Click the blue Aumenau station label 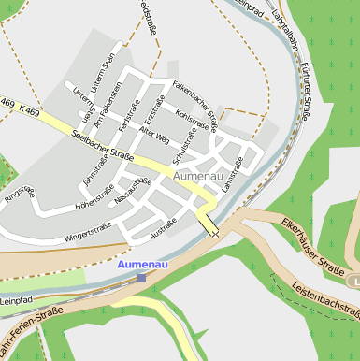coord(141,266)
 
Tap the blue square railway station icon coord(141,278)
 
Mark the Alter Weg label coord(152,135)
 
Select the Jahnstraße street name coord(95,165)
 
